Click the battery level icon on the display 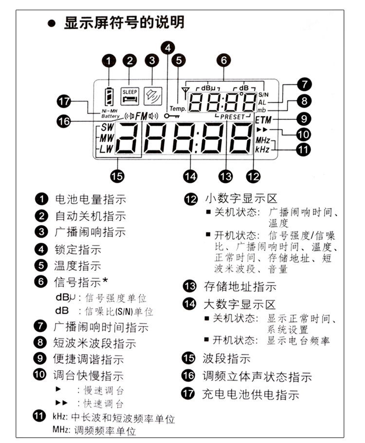pyautogui.click(x=110, y=96)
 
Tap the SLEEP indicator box pyautogui.click(x=130, y=96)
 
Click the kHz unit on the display pyautogui.click(x=262, y=149)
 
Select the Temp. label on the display pyautogui.click(x=178, y=109)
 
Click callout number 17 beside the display pyautogui.click(x=64, y=102)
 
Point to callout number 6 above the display pyautogui.click(x=223, y=60)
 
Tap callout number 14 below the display pyautogui.click(x=191, y=175)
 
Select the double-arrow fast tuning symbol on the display pyautogui.click(x=262, y=130)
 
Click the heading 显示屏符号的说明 pyautogui.click(x=124, y=22)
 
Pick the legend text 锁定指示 pyautogui.click(x=77, y=250)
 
